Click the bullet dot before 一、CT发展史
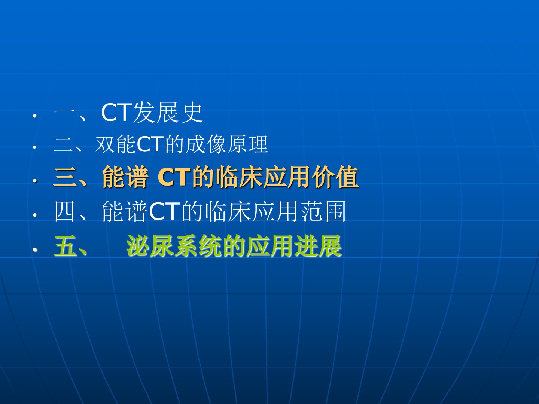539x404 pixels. coord(35,116)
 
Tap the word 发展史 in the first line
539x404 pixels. coord(168,113)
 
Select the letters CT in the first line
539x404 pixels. coord(117,113)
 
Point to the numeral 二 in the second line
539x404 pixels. coord(63,145)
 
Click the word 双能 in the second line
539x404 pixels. coord(116,144)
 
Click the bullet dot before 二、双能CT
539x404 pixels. coord(35,147)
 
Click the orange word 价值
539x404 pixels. coord(336,177)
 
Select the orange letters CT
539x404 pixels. coord(174,177)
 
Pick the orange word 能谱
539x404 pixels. coord(125,177)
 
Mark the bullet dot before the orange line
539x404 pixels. coord(35,181)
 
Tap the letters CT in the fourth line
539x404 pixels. coord(165,211)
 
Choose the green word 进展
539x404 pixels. coord(318,246)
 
